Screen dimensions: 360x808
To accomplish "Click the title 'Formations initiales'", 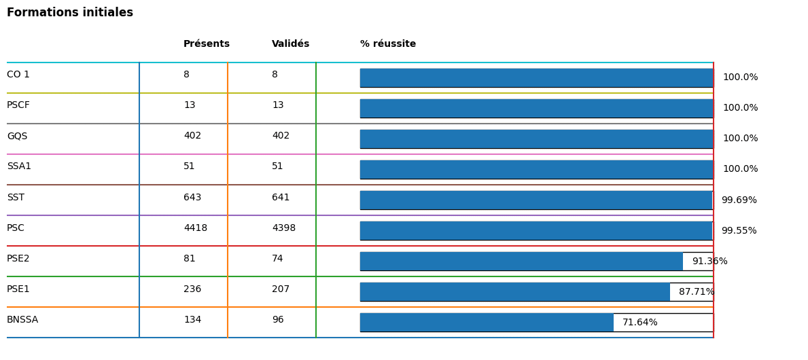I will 70,13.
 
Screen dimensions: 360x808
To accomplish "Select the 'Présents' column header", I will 207,44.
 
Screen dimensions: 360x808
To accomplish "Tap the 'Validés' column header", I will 290,44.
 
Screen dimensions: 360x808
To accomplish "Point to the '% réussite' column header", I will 388,44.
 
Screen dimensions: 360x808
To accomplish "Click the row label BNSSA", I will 22,320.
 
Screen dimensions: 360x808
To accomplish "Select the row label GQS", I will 17,137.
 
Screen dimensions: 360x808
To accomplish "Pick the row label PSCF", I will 18,105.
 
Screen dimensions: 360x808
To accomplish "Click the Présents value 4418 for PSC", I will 195,228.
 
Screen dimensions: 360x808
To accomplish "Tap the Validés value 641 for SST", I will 281,198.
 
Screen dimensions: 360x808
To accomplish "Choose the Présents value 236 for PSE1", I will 192,289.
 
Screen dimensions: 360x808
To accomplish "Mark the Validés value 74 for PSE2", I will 277,259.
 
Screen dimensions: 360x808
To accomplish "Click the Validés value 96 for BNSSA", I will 278,320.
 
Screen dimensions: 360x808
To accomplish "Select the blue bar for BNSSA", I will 487,323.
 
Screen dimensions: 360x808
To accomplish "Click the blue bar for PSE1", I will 514,292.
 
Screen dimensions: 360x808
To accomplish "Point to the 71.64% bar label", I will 639,323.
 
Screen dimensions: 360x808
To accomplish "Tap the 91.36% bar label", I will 709,262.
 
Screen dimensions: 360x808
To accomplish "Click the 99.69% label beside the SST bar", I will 739,200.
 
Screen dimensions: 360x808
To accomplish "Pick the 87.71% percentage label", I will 697,292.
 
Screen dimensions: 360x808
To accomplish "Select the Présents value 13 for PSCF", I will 190,105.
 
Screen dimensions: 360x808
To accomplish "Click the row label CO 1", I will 18,75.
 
